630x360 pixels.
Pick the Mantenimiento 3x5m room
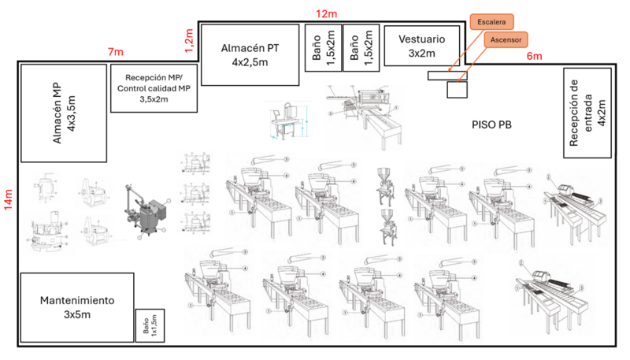[76, 307]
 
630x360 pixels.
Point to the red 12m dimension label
[326, 13]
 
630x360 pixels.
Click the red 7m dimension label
[116, 52]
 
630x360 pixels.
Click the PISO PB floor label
[493, 124]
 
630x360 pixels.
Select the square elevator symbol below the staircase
[457, 89]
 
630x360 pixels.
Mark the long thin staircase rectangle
[447, 75]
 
